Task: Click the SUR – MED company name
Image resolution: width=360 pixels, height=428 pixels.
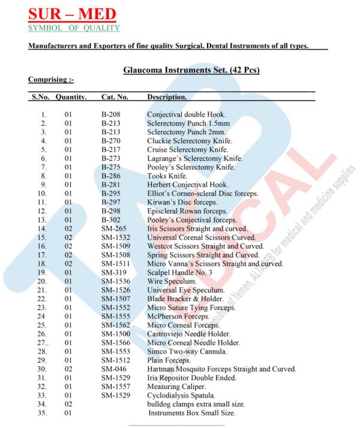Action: click(72, 14)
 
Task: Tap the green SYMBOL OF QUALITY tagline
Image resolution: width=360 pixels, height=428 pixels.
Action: click(74, 28)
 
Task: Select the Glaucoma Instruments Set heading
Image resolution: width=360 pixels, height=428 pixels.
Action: click(191, 70)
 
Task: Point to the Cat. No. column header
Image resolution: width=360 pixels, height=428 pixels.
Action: click(115, 97)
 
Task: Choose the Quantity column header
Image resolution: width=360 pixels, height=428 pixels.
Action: click(71, 97)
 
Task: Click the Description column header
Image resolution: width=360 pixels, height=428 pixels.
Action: click(167, 97)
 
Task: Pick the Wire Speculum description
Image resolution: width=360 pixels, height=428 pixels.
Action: click(171, 281)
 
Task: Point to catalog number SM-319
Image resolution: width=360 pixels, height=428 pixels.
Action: click(113, 272)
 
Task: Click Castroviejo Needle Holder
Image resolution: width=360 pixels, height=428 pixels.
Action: click(188, 334)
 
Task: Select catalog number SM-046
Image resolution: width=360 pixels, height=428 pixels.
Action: click(113, 369)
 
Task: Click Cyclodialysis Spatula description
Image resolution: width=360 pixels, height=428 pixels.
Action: click(181, 396)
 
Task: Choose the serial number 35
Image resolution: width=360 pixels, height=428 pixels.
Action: click(42, 413)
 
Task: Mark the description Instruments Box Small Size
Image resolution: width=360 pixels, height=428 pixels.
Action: click(192, 413)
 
